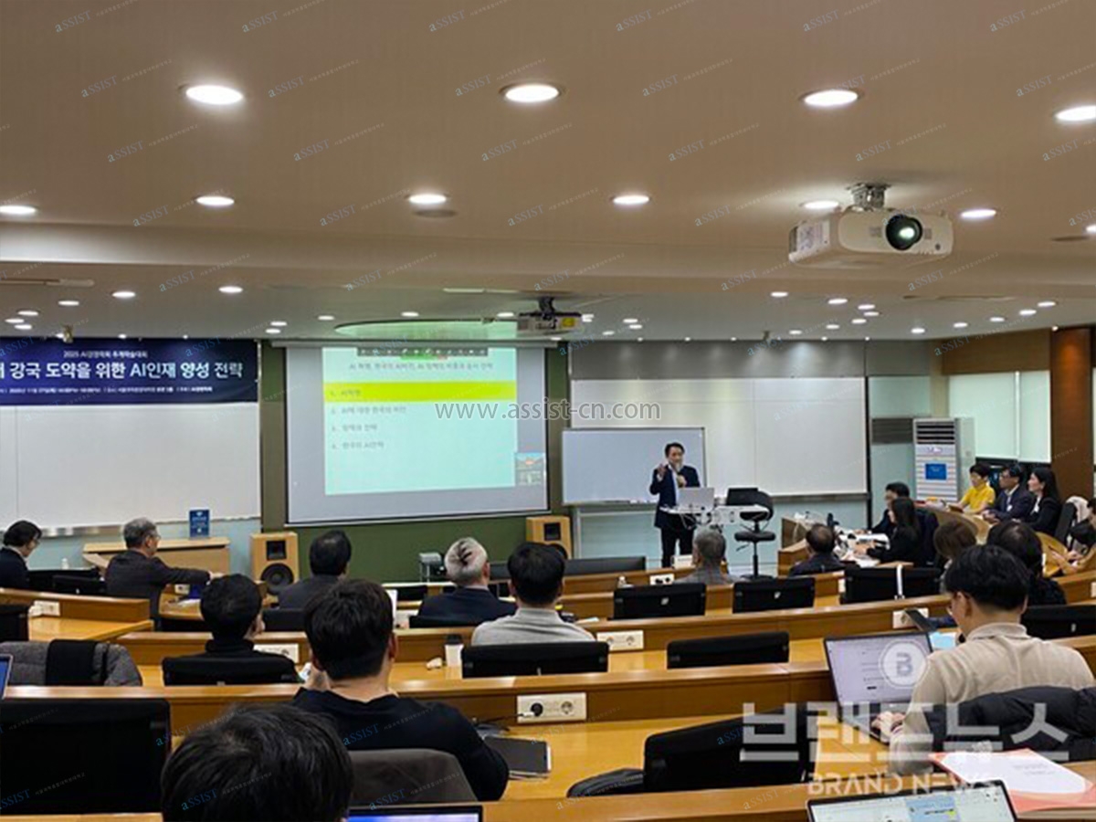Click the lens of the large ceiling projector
pyautogui.click(x=902, y=232)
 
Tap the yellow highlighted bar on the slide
pyautogui.click(x=419, y=392)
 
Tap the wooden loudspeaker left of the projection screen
pyautogui.click(x=274, y=560)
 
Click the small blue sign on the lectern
pyautogui.click(x=199, y=522)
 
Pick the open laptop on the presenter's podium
pyautogui.click(x=696, y=499)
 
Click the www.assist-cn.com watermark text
pyautogui.click(x=547, y=411)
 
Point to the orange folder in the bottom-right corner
pyautogui.click(x=1014, y=775)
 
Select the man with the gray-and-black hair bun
pyautogui.click(x=467, y=581)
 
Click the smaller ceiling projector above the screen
pyautogui.click(x=549, y=320)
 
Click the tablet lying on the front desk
pyautogui.click(x=519, y=755)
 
